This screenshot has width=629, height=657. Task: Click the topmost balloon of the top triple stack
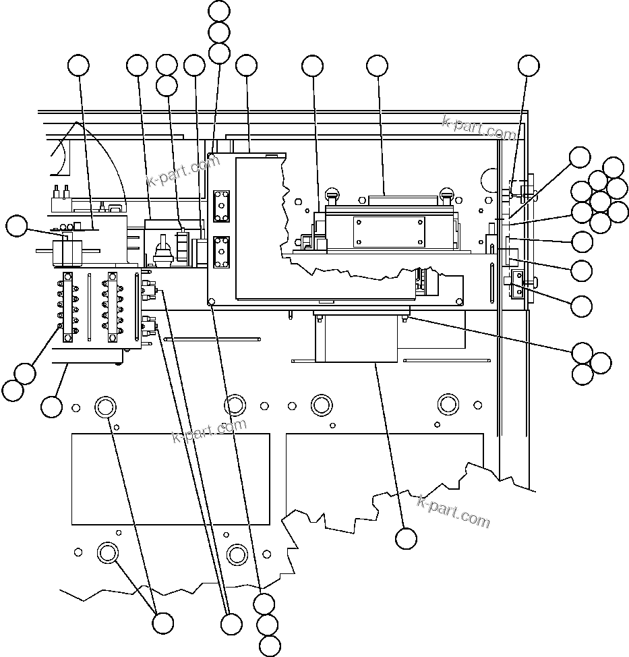(x=219, y=11)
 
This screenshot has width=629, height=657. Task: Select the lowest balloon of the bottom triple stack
(x=270, y=646)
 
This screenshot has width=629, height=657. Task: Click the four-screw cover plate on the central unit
(x=389, y=232)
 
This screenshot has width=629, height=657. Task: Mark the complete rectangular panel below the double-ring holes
(x=171, y=479)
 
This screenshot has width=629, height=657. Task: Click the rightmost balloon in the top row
(x=529, y=65)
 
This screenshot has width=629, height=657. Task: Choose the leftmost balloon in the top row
(x=79, y=65)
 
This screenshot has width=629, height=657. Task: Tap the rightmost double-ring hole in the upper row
(x=448, y=404)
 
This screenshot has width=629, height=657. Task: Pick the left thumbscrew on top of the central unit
(x=331, y=196)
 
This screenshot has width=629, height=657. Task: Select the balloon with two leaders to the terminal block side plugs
(x=231, y=624)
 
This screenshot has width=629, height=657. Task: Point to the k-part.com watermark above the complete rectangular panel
(x=210, y=430)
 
